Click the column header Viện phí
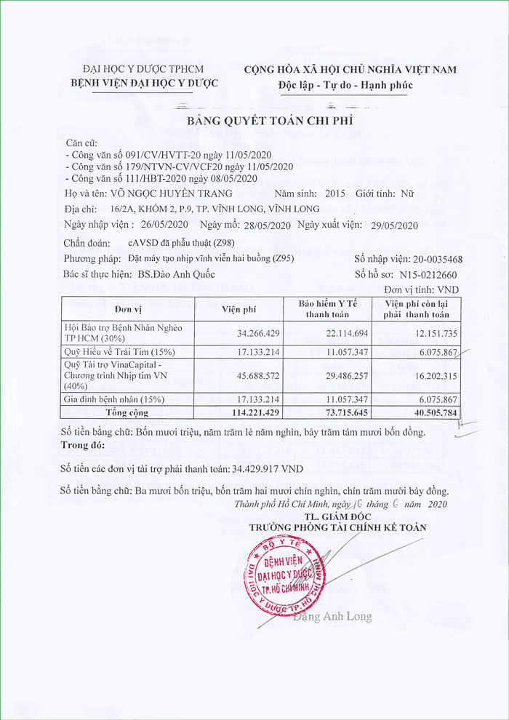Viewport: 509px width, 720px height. pyautogui.click(x=239, y=310)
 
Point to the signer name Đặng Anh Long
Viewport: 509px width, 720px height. pyautogui.click(x=332, y=617)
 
